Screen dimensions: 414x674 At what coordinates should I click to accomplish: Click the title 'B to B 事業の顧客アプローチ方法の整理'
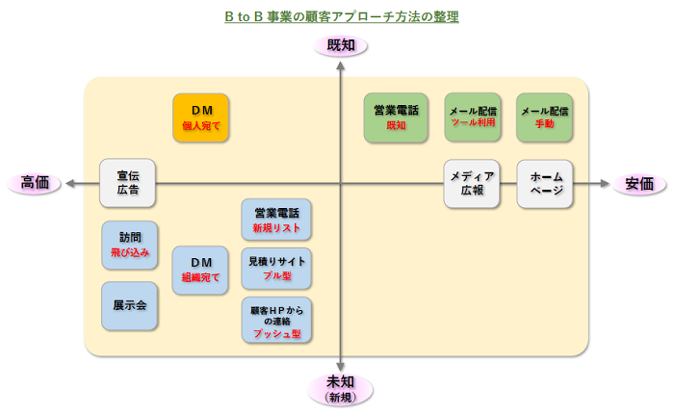pyautogui.click(x=341, y=16)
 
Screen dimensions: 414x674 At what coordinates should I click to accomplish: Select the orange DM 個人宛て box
pyautogui.click(x=201, y=117)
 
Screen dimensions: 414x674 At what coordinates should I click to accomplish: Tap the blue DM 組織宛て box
pyautogui.click(x=200, y=270)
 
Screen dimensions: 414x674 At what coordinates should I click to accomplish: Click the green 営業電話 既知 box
pyautogui.click(x=396, y=117)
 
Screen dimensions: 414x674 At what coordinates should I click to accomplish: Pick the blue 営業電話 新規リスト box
pyautogui.click(x=277, y=220)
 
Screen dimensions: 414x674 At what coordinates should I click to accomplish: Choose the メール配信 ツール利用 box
pyautogui.click(x=473, y=117)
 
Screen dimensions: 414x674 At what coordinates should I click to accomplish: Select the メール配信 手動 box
pyautogui.click(x=544, y=117)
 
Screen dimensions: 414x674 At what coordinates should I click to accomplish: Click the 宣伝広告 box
pyautogui.click(x=128, y=183)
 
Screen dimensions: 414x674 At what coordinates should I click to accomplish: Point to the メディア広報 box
pyautogui.click(x=472, y=183)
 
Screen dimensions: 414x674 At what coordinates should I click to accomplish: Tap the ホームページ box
pyautogui.click(x=546, y=183)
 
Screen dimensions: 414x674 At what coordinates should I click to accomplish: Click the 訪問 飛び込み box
pyautogui.click(x=129, y=244)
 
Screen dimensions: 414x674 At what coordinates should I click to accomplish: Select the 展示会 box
pyautogui.click(x=129, y=306)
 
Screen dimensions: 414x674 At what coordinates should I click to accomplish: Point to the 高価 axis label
pyautogui.click(x=34, y=184)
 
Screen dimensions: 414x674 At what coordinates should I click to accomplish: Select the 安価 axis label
pyautogui.click(x=639, y=184)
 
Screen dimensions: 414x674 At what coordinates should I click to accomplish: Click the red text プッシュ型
pyautogui.click(x=277, y=333)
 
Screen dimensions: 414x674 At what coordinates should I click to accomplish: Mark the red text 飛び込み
pyautogui.click(x=129, y=252)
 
